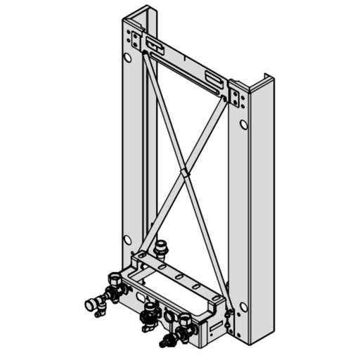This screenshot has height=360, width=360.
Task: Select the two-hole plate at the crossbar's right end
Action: pos(236,94)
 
